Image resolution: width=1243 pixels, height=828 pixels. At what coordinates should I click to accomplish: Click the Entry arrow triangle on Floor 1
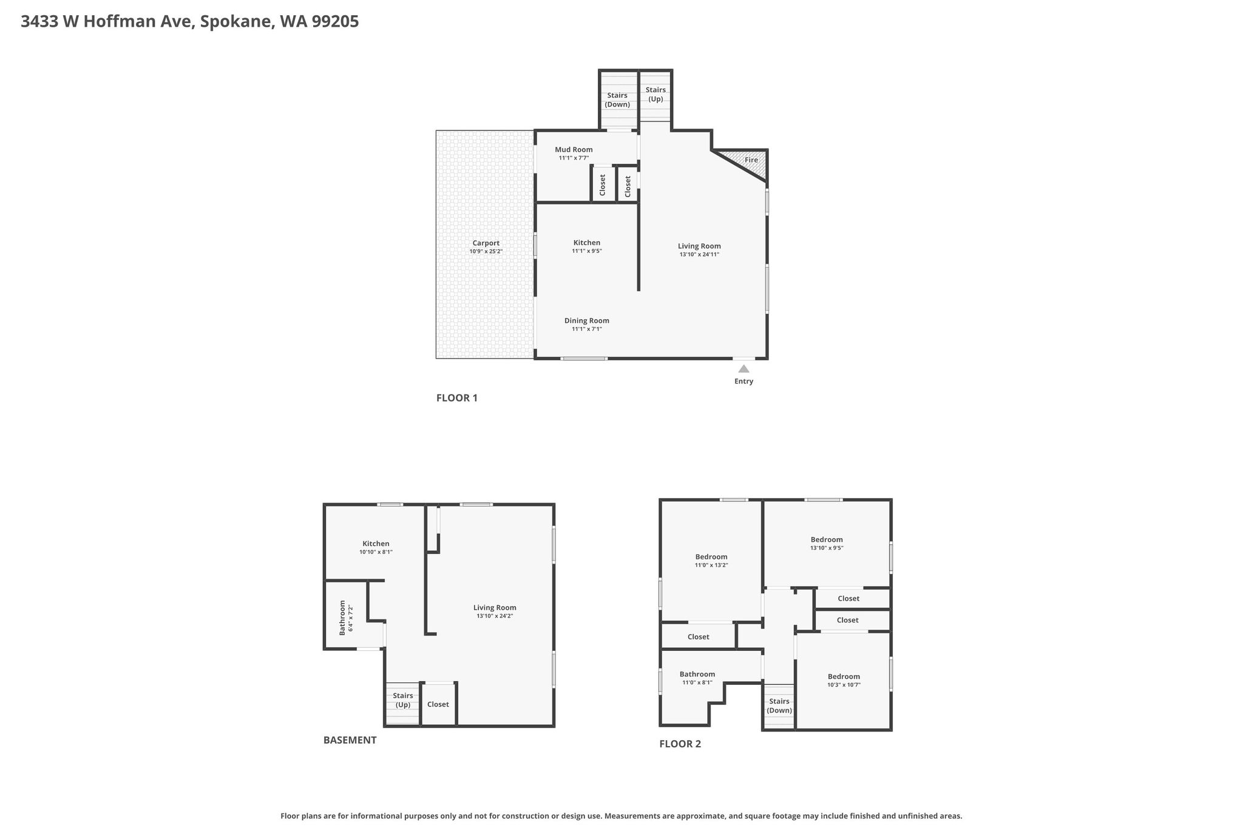[743, 368]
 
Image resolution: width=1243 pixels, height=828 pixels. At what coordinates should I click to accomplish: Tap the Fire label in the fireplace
[751, 160]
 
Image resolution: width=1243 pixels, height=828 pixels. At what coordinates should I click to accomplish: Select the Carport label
[486, 243]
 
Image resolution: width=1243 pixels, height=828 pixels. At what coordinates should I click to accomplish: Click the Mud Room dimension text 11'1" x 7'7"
[574, 158]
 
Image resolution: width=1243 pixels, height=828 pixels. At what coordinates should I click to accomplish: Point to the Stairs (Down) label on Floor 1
[617, 99]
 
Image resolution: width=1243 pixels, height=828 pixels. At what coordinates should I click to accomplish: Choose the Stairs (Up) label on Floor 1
[655, 95]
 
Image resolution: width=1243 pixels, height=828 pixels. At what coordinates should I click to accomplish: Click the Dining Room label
[587, 321]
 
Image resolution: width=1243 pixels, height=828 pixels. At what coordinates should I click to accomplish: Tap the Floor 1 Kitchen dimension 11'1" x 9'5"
[587, 251]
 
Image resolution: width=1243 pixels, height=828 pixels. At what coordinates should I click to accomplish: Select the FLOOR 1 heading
[457, 398]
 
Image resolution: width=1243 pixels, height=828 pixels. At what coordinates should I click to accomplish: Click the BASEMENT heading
[350, 740]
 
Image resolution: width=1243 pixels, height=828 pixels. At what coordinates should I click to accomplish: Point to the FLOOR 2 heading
[680, 744]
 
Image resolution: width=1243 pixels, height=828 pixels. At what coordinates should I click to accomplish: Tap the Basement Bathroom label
[342, 618]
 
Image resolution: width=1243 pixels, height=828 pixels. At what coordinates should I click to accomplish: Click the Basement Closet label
[438, 704]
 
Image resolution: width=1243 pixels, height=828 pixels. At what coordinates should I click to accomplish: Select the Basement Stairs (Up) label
[403, 700]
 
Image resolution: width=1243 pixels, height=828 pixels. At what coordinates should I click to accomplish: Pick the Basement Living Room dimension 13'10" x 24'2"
[495, 616]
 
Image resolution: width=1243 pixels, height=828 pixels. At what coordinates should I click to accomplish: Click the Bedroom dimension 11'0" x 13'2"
[711, 565]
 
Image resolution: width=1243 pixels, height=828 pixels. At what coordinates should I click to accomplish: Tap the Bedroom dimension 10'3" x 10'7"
[844, 685]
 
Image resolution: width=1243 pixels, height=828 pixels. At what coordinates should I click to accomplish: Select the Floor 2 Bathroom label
[697, 674]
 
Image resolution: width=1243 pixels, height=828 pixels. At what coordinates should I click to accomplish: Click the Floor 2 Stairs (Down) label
[779, 706]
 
